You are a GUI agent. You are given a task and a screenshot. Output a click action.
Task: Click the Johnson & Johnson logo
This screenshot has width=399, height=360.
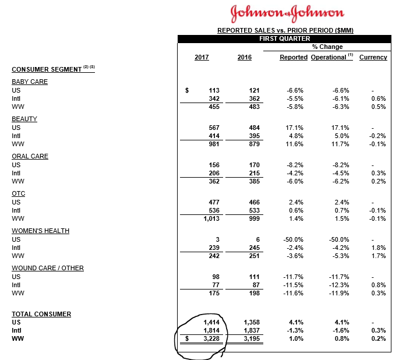coord(287,13)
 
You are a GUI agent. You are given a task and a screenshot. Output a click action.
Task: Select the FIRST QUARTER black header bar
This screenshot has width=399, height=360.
coord(285,38)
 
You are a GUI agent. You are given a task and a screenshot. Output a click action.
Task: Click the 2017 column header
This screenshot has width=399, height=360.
coord(202,58)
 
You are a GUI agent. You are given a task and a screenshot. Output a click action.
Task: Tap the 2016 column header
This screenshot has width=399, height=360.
coord(245,58)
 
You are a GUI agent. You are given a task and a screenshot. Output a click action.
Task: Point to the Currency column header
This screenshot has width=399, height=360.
coord(373,58)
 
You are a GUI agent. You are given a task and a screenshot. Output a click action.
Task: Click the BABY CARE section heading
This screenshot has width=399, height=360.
coord(30,82)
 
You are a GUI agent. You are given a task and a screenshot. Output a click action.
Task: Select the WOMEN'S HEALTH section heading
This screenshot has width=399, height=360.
coord(40,231)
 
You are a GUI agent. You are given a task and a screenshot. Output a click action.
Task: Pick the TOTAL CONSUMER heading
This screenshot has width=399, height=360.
coord(41,314)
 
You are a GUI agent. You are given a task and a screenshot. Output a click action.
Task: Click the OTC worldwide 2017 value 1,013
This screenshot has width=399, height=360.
coord(211,218)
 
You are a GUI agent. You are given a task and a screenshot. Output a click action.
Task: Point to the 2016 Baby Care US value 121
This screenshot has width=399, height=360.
coord(254,91)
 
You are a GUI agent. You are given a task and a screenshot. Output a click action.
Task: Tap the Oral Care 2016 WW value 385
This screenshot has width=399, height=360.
coord(254,181)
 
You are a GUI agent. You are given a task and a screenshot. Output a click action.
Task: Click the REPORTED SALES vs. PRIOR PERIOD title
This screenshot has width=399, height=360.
coord(285,30)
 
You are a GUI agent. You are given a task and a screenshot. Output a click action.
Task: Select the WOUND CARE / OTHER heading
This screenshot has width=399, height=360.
coord(48,268)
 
